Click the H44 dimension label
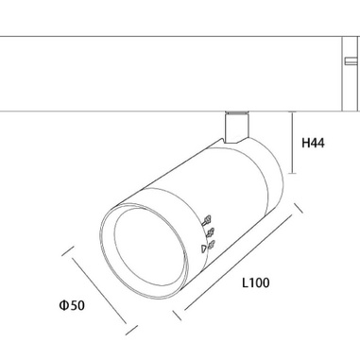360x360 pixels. pyautogui.click(x=313, y=143)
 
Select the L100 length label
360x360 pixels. pyautogui.click(x=256, y=283)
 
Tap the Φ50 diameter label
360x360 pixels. pyautogui.click(x=72, y=305)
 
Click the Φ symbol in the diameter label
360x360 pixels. pyautogui.click(x=64, y=305)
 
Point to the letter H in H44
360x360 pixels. pyautogui.click(x=306, y=143)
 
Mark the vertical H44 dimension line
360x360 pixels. pyautogui.click(x=293, y=143)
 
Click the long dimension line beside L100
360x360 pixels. pyautogui.click(x=239, y=263)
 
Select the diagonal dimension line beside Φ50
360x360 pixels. pyautogui.click(x=99, y=291)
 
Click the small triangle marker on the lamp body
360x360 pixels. pyautogui.click(x=203, y=249)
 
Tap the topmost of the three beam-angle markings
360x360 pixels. pyautogui.click(x=207, y=220)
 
